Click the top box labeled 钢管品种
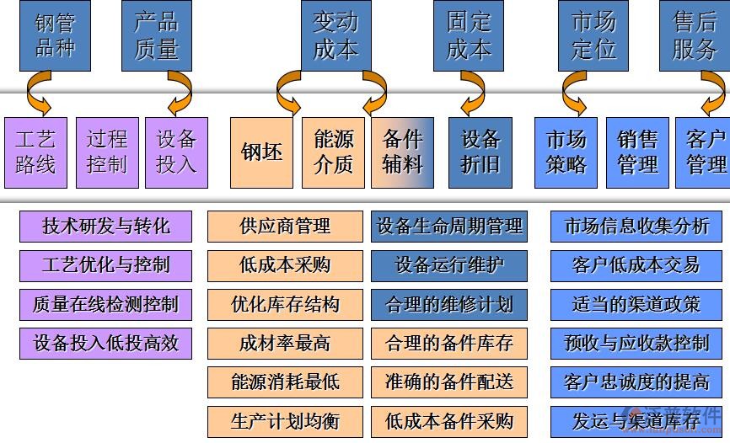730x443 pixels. pyautogui.click(x=55, y=35)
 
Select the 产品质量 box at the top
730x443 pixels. pyautogui.click(x=157, y=35)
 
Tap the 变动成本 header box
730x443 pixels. pyautogui.click(x=335, y=35)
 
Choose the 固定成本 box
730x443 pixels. pyautogui.click(x=468, y=35)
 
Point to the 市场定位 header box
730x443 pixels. pyautogui.click(x=593, y=35)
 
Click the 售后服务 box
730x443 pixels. pyautogui.click(x=694, y=35)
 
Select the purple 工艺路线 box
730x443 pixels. pyautogui.click(x=35, y=152)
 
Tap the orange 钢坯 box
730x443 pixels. pyautogui.click(x=262, y=152)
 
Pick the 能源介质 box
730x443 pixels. pyautogui.click(x=334, y=152)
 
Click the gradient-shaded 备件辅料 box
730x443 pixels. pyautogui.click(x=402, y=152)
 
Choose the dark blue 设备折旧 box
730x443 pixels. pyautogui.click(x=480, y=152)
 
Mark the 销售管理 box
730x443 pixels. pyautogui.click(x=637, y=152)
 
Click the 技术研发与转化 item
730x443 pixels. pyautogui.click(x=105, y=226)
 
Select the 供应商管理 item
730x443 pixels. pyautogui.click(x=285, y=226)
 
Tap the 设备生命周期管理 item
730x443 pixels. pyautogui.click(x=449, y=226)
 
